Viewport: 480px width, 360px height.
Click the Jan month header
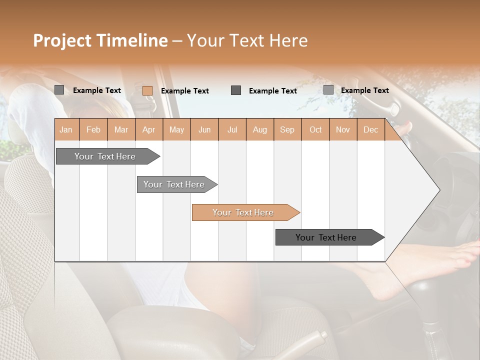66,129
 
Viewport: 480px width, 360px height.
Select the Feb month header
93,129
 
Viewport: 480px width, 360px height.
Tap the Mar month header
121,129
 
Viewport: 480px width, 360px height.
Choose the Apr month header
148,129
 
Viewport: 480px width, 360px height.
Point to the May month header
176,129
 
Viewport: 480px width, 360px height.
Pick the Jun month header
204,129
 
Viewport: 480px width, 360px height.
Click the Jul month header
232,129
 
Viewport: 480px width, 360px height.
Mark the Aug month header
259,129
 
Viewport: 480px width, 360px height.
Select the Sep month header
287,129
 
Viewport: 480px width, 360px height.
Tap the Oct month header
315,129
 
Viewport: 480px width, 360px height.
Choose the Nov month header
343,129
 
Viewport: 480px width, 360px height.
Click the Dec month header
370,129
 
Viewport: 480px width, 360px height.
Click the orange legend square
147,90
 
